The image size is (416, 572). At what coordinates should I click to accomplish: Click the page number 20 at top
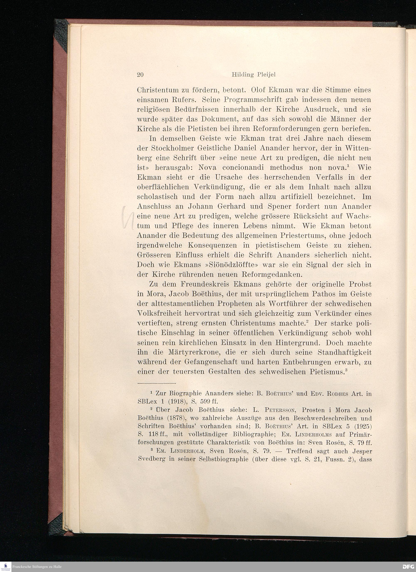tap(140, 75)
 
